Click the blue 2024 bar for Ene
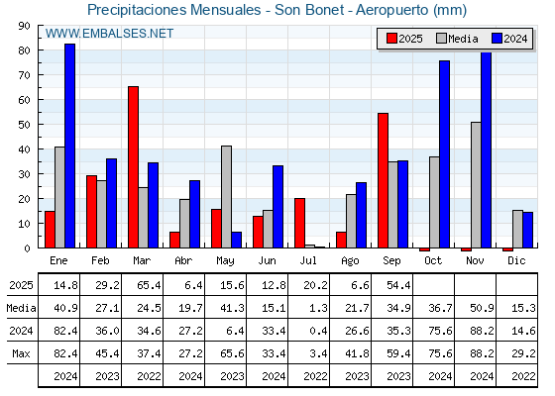tap(69, 146)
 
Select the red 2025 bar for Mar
tap(133, 167)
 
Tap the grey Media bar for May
tap(227, 197)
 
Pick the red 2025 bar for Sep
tap(383, 180)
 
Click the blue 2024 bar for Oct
tap(445, 154)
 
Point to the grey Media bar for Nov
tap(476, 185)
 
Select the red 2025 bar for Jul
tap(299, 223)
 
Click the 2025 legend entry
tap(404, 39)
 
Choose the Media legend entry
tap(457, 39)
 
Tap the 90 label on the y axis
tap(25, 26)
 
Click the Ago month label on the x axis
tap(350, 261)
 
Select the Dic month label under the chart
tap(516, 260)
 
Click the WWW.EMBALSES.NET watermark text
tap(109, 34)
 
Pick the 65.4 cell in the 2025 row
tap(149, 285)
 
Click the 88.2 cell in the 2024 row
tap(482, 331)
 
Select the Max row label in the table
tap(21, 353)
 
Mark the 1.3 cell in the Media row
tap(318, 308)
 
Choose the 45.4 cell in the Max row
tap(107, 353)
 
